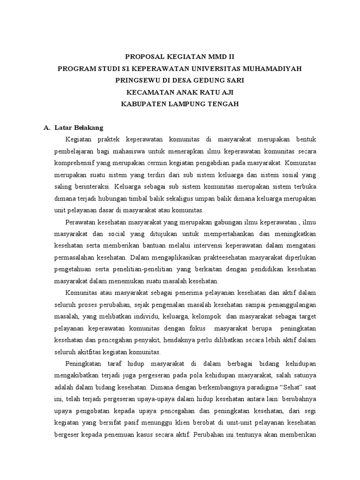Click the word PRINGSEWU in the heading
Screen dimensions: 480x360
point(137,81)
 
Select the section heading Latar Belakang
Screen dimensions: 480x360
point(79,127)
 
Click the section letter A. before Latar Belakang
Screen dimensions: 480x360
point(46,127)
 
